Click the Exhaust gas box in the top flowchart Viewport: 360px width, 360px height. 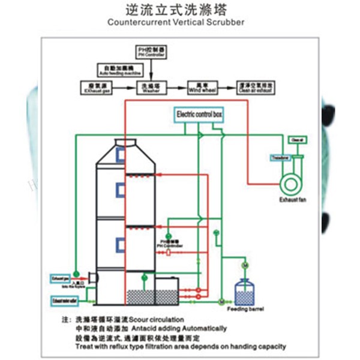(x=95, y=88)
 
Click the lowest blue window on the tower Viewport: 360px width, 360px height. (x=120, y=245)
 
